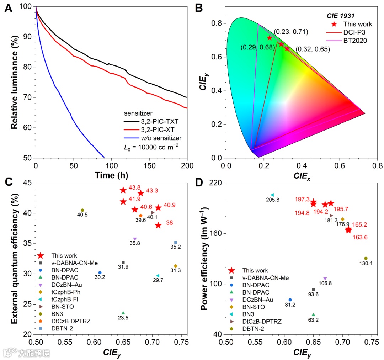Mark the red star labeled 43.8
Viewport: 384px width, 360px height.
click(123, 190)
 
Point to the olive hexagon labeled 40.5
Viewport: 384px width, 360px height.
click(82, 210)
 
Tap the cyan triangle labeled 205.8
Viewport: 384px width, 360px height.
click(272, 195)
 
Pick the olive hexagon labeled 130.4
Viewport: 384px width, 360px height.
click(366, 258)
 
